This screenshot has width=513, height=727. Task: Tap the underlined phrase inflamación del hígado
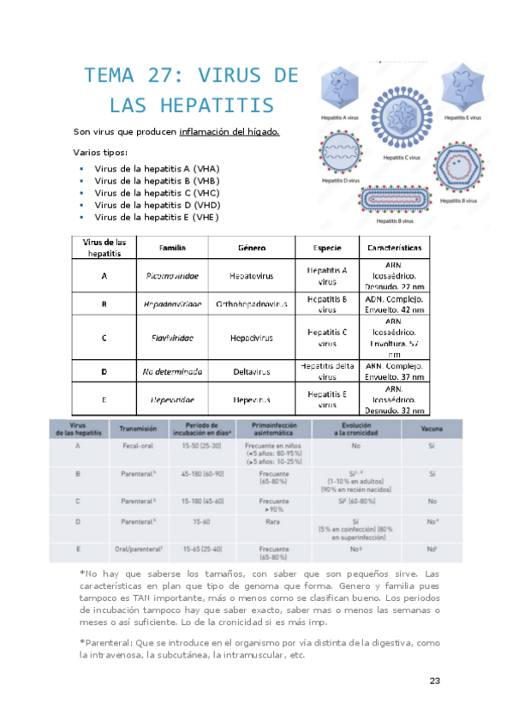click(229, 131)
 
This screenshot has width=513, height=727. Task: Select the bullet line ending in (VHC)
click(157, 193)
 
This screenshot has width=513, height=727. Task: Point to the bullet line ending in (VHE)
click(157, 217)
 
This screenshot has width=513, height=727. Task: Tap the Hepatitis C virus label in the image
click(402, 158)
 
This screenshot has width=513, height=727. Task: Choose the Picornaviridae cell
click(173, 277)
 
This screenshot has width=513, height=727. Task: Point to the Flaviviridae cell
click(173, 338)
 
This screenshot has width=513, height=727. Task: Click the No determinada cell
click(173, 372)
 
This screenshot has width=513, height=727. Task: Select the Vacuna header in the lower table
click(432, 427)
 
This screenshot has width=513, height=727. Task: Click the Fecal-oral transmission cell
click(136, 447)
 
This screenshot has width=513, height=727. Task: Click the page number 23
click(434, 682)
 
